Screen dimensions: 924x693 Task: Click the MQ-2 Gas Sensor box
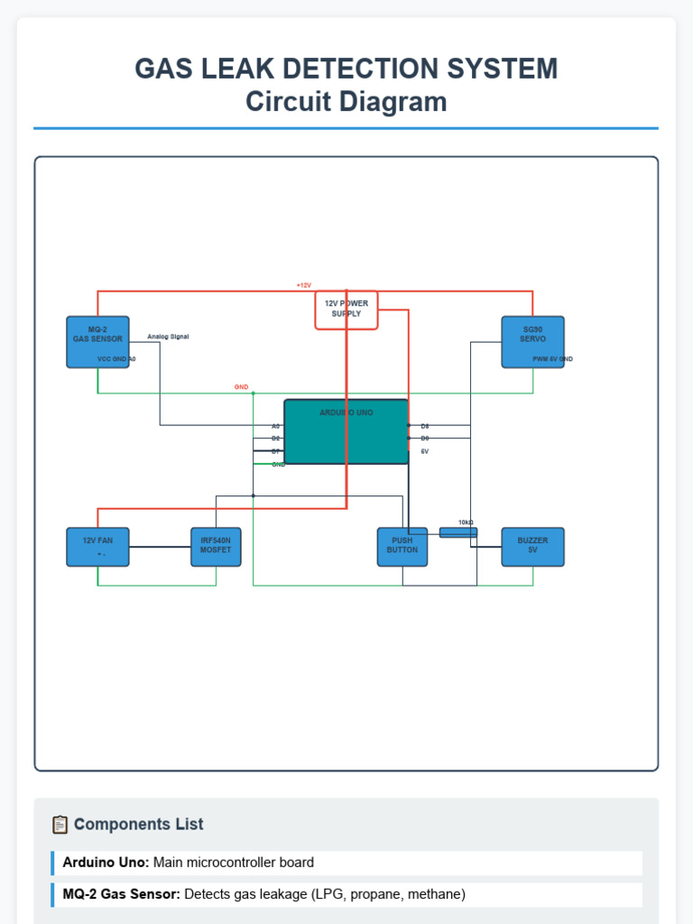pyautogui.click(x=97, y=342)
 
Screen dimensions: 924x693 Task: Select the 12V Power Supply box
pyautogui.click(x=346, y=310)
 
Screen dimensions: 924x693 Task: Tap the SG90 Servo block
pyautogui.click(x=532, y=342)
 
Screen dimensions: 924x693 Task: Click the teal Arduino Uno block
pyautogui.click(x=346, y=431)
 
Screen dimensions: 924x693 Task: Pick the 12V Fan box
pyautogui.click(x=97, y=547)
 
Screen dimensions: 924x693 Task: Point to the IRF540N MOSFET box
pyautogui.click(x=216, y=547)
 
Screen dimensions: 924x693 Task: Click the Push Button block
pyautogui.click(x=402, y=547)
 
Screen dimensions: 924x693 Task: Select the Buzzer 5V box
pyautogui.click(x=532, y=547)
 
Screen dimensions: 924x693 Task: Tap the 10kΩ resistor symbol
pyautogui.click(x=457, y=532)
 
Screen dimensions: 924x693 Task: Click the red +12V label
pyautogui.click(x=303, y=285)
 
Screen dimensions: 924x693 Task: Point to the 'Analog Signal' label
pyautogui.click(x=168, y=337)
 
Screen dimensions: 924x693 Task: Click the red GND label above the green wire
pyautogui.click(x=241, y=387)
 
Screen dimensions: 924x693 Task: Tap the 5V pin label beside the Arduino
pyautogui.click(x=424, y=450)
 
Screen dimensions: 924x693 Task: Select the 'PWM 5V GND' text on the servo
pyautogui.click(x=552, y=359)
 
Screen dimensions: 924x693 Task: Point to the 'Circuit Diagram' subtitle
pyautogui.click(x=346, y=102)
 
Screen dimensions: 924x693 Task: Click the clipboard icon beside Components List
pyautogui.click(x=60, y=824)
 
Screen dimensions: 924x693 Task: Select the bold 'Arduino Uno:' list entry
pyautogui.click(x=106, y=863)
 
